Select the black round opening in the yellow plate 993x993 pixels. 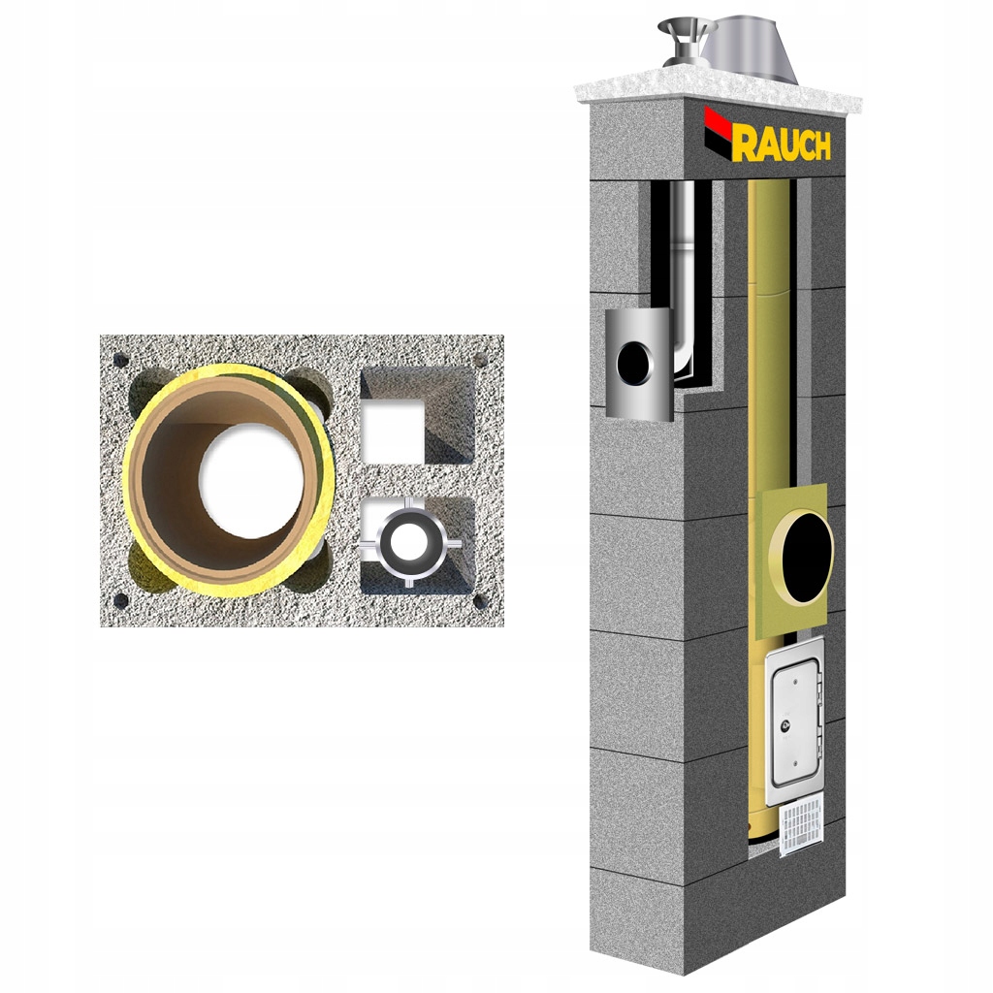click(x=807, y=549)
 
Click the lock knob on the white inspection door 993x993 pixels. click(x=786, y=722)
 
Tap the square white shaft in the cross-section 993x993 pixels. click(x=395, y=431)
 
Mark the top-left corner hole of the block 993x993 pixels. click(x=120, y=360)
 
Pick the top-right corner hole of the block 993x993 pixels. click(x=480, y=360)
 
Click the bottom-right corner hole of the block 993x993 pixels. click(x=479, y=601)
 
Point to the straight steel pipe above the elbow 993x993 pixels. click(x=685, y=242)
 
